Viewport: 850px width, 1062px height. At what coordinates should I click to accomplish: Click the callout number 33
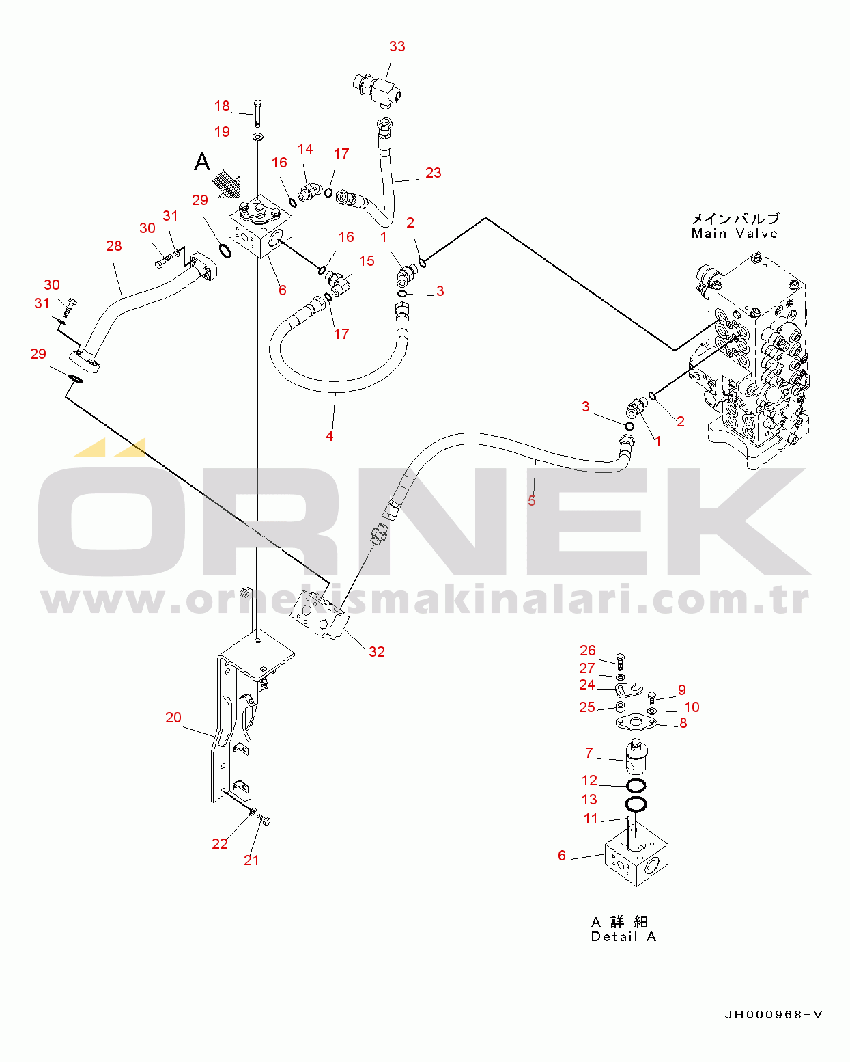[x=397, y=46]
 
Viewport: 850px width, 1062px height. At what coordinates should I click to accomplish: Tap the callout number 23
[x=433, y=173]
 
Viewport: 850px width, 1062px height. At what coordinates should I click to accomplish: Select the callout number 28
[x=114, y=246]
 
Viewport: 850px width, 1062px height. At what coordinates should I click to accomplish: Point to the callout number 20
[x=173, y=717]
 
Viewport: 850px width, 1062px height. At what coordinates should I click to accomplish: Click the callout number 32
[x=377, y=651]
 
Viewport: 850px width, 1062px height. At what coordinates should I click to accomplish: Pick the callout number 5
[x=531, y=500]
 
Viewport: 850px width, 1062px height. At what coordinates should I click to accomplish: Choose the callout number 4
[x=329, y=436]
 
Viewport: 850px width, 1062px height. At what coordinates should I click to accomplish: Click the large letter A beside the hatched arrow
[x=202, y=161]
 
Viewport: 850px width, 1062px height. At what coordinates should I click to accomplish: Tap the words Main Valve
[x=735, y=234]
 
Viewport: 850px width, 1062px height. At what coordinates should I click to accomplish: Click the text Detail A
[x=623, y=936]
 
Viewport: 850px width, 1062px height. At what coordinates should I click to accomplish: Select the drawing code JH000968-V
[x=773, y=1015]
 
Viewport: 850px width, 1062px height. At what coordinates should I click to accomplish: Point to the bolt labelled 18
[x=257, y=113]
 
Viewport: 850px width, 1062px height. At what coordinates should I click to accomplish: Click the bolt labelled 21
[x=264, y=820]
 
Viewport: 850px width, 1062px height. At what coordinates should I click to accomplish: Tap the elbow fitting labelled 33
[x=377, y=89]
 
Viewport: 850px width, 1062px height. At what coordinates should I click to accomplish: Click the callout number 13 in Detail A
[x=589, y=799]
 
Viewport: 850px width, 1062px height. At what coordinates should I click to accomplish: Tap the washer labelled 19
[x=257, y=136]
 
